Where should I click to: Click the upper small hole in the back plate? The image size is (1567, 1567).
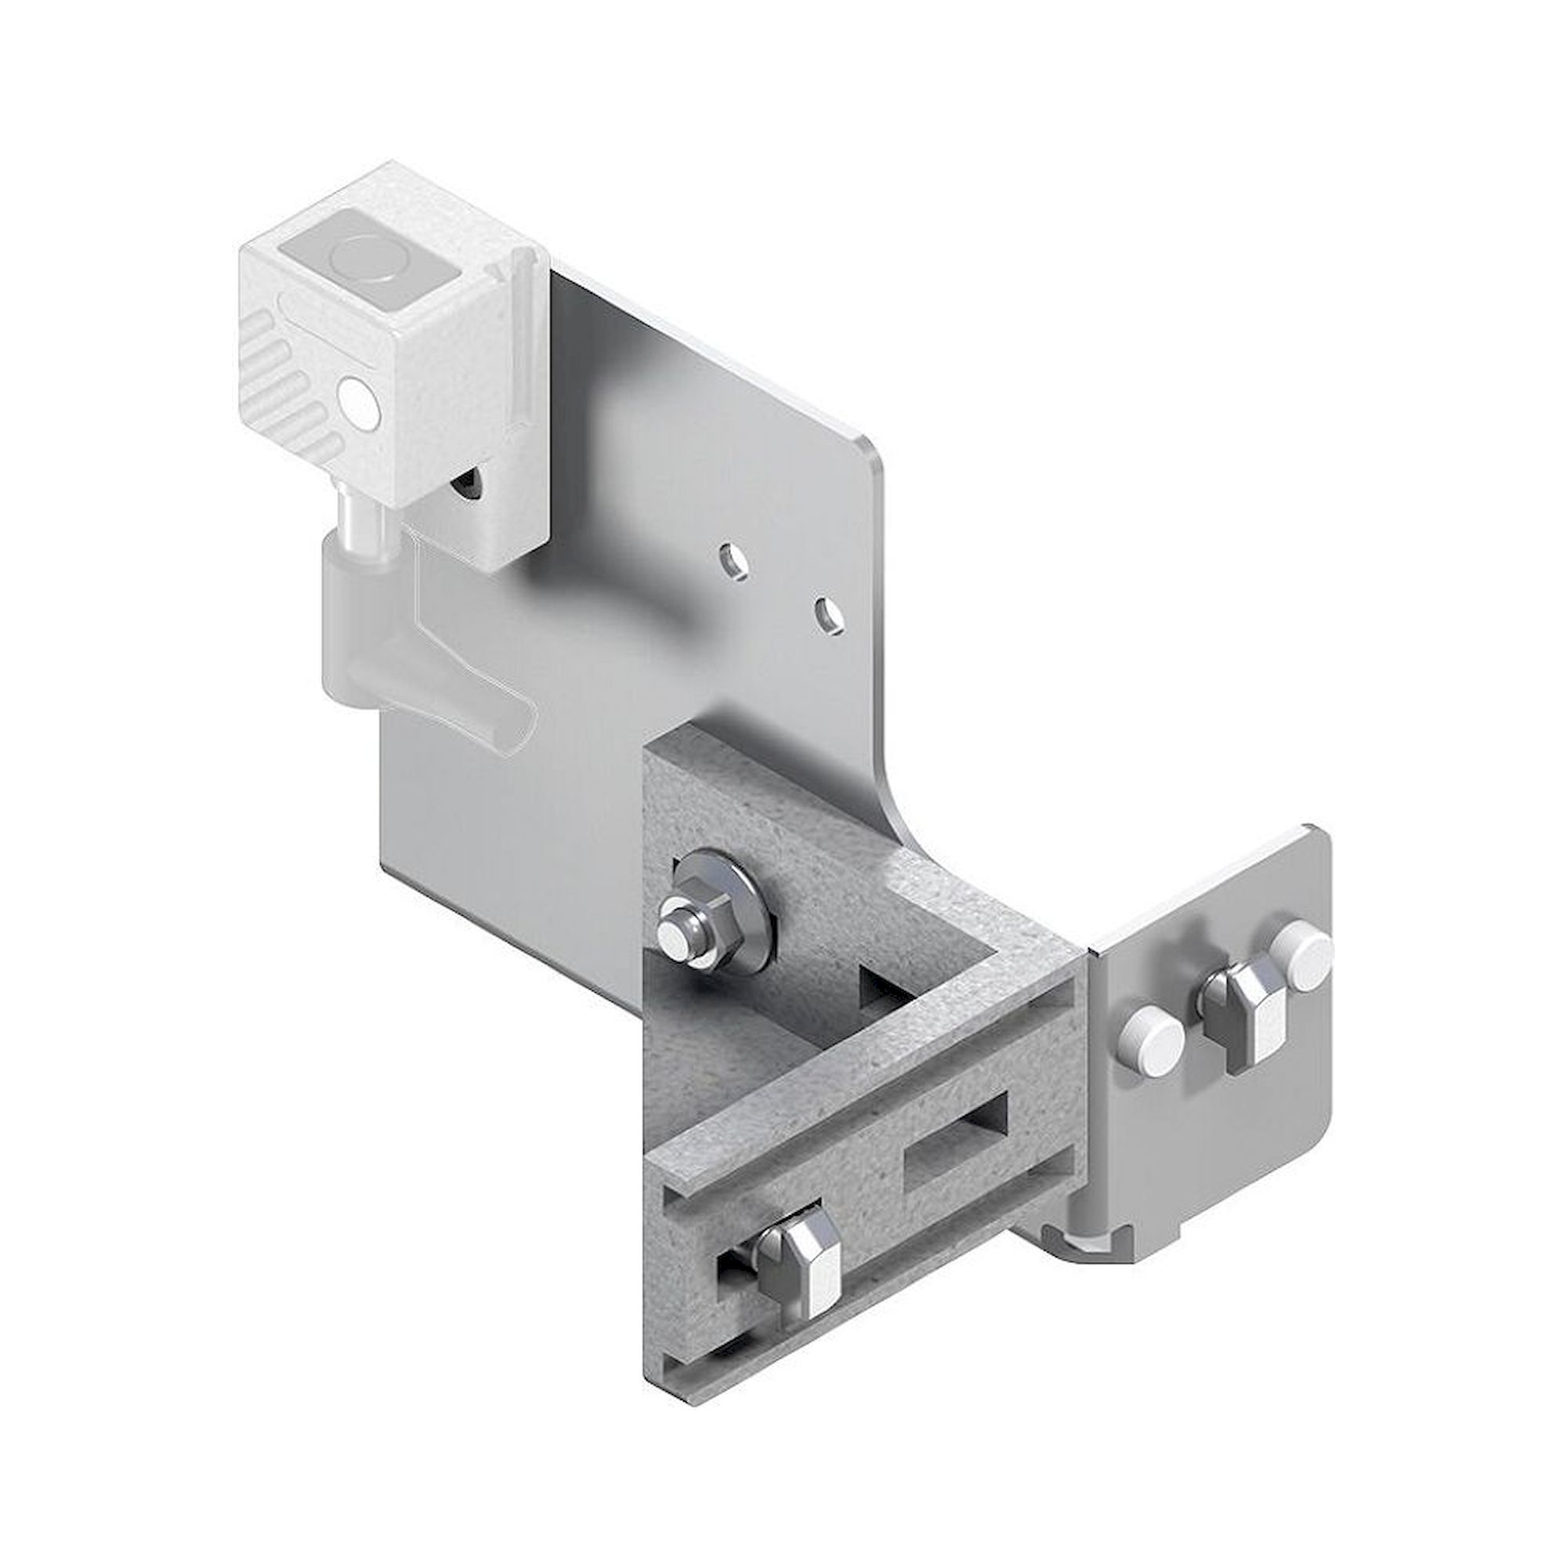(x=736, y=559)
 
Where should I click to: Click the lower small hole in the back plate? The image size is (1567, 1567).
(x=827, y=614)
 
